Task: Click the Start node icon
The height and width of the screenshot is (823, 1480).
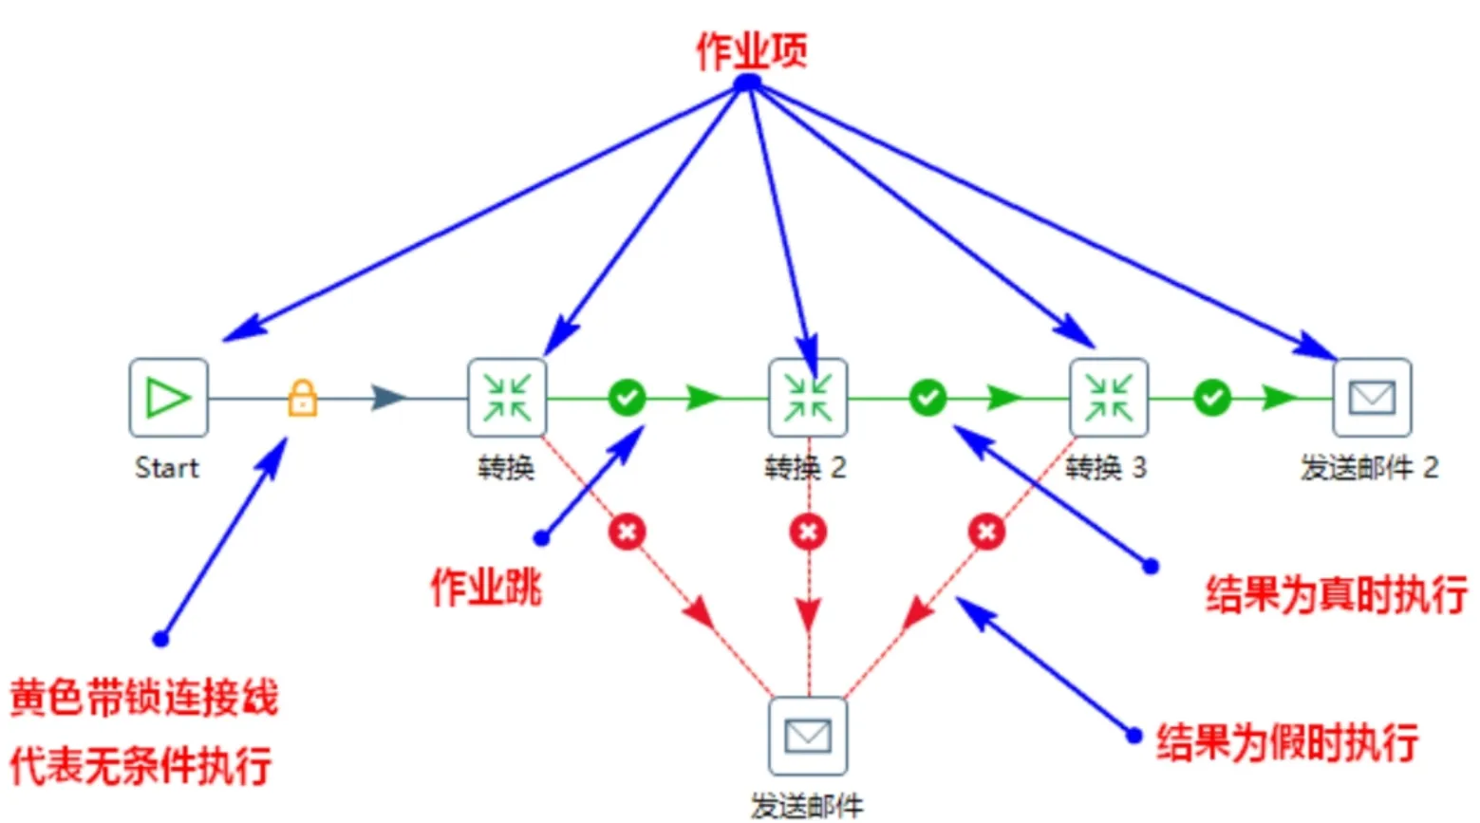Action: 168,397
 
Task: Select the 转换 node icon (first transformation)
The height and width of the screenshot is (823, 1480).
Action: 507,397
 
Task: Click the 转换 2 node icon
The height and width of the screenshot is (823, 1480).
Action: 808,397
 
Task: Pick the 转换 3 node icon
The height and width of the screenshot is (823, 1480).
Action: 1109,397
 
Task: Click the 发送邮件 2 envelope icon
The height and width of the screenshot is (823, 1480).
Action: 1372,397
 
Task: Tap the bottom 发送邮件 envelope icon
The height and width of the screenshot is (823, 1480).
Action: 808,736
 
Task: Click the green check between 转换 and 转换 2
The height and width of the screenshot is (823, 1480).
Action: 627,397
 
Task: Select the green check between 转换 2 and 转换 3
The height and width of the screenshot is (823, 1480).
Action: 927,397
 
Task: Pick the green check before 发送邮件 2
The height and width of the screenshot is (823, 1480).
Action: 1211,397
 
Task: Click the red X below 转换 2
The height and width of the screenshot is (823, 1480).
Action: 808,532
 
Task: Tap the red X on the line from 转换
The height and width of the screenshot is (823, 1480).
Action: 627,532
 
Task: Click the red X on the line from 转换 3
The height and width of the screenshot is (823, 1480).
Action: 986,532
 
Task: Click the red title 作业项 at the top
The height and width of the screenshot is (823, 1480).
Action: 751,50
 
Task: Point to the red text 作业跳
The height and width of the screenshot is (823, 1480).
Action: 486,587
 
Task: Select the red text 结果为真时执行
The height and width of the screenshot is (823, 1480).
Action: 1336,595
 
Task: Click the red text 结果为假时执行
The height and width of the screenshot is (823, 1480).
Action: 1286,741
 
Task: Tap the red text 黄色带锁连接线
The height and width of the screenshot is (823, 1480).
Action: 143,698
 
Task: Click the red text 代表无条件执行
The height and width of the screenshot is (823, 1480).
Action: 141,765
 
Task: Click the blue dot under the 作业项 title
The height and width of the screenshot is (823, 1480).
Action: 748,84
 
